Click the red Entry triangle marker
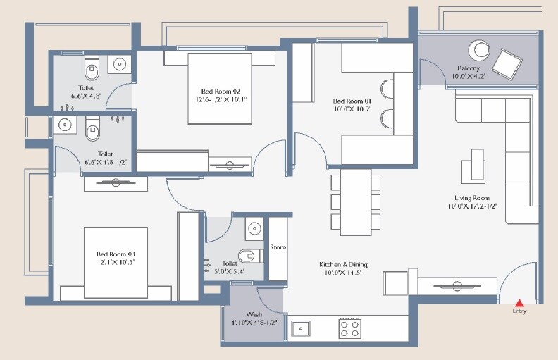click(x=519, y=302)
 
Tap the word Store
click(x=278, y=247)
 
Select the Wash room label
click(x=254, y=314)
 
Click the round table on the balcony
click(x=482, y=50)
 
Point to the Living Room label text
click(x=472, y=198)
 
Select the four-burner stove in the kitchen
click(x=350, y=328)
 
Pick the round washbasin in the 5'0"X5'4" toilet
click(x=254, y=228)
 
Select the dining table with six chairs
click(x=356, y=201)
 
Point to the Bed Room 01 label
click(x=349, y=101)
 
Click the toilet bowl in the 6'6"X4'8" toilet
click(x=91, y=69)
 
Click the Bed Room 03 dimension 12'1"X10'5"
click(x=116, y=261)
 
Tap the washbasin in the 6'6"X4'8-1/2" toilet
click(x=66, y=125)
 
